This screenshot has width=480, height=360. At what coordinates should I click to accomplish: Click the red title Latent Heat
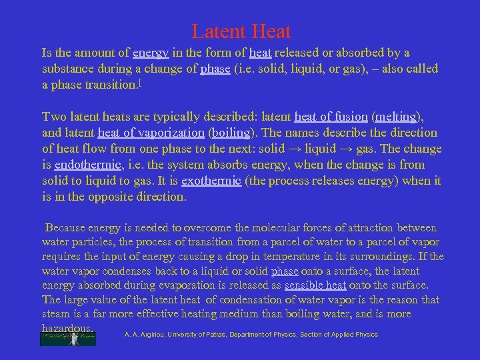click(x=241, y=31)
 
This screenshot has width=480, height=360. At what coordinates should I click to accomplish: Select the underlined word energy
click(x=151, y=53)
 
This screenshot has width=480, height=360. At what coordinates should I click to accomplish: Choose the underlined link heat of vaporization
click(x=151, y=133)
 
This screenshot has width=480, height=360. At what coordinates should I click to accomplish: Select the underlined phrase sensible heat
click(x=315, y=285)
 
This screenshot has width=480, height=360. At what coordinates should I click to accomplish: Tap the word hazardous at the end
click(x=67, y=329)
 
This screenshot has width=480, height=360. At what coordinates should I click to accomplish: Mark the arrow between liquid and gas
click(x=358, y=149)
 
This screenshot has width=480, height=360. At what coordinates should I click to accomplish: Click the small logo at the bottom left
click(x=68, y=338)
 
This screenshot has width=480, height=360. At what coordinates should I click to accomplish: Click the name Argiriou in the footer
click(x=151, y=335)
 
